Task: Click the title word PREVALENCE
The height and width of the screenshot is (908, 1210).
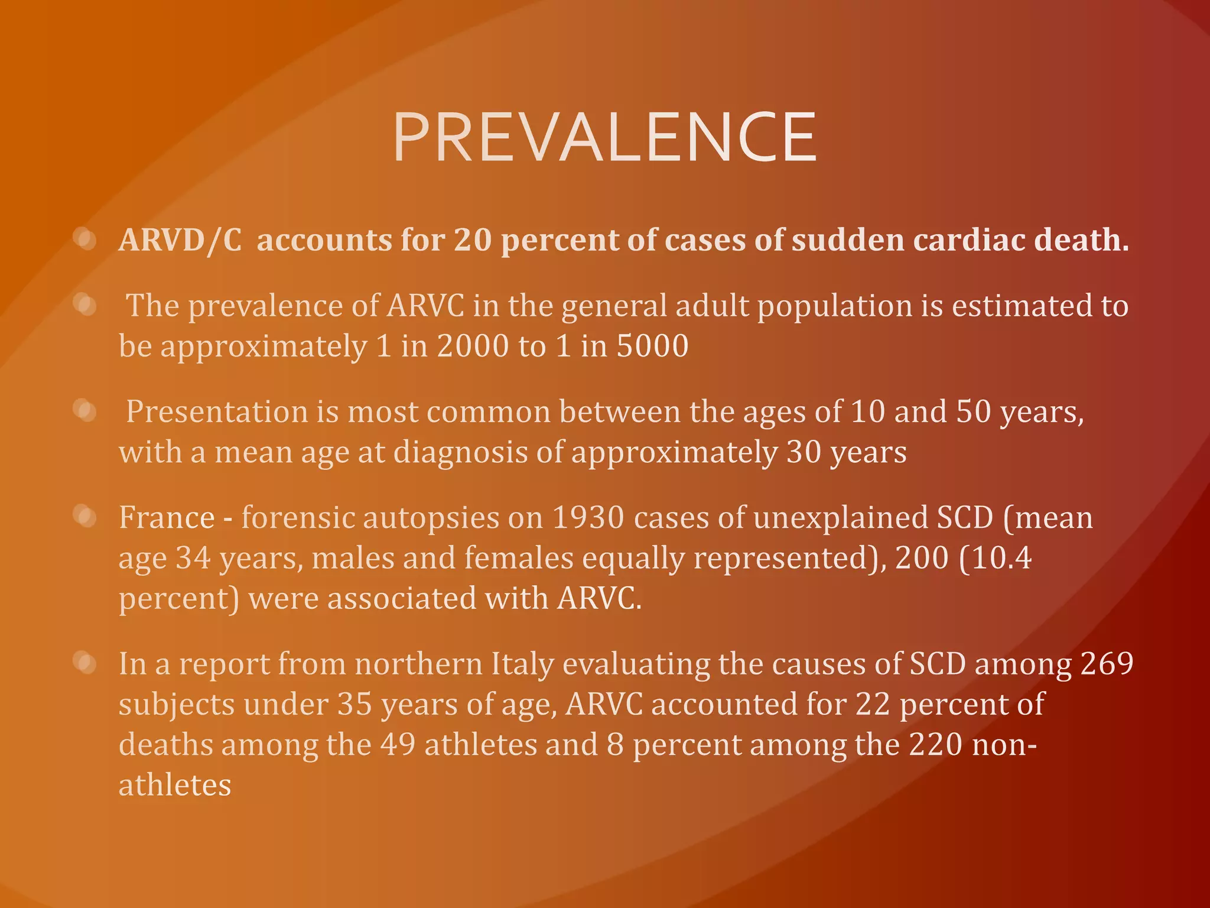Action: coord(604,138)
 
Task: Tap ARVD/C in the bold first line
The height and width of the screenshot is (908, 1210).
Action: coord(180,241)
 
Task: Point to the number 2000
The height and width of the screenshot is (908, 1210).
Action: coord(473,346)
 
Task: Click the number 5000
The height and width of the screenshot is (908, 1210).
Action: coord(653,346)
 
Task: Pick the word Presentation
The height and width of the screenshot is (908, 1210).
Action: coord(217,411)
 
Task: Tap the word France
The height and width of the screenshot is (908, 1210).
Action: coord(167,518)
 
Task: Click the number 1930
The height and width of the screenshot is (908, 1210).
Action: coord(588,518)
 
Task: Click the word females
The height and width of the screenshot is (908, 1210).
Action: coord(519,558)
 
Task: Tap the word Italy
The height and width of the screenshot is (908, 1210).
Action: coord(522,664)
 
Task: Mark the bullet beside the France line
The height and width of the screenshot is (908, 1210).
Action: coord(86,517)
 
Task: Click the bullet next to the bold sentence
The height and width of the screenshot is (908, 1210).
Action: coord(86,239)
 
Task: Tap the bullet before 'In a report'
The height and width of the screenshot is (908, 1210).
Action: coord(86,663)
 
